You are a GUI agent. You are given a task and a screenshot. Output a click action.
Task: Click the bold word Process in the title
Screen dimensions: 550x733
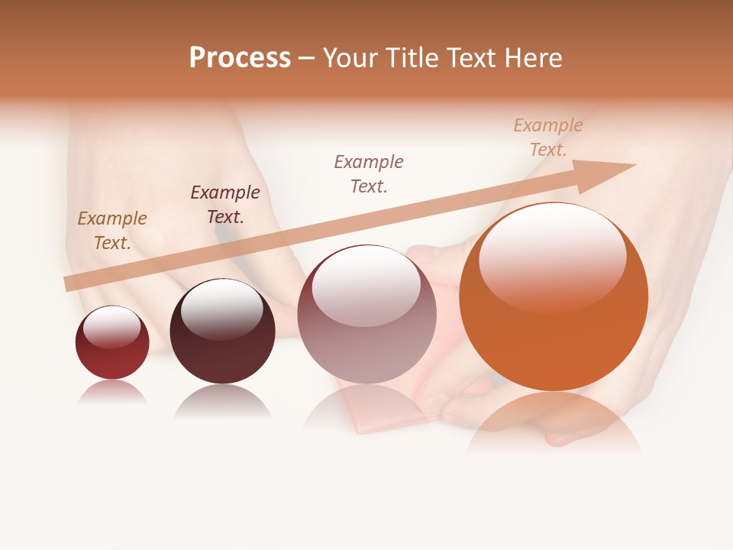pos(240,57)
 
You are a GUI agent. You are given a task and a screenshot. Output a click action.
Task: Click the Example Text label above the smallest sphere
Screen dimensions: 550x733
pos(112,231)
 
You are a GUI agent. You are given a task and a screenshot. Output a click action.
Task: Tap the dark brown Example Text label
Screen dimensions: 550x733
pos(225,205)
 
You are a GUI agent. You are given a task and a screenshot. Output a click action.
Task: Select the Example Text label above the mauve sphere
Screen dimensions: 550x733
pos(369,173)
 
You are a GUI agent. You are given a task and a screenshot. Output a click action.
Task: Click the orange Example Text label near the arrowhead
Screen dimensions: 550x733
pos(548,137)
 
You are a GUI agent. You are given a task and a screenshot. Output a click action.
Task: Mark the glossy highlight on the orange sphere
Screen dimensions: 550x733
pos(552,256)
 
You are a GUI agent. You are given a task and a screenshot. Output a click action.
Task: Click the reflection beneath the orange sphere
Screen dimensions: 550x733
pos(554,424)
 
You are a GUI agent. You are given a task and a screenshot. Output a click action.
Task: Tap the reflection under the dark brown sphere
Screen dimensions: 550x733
pos(222,402)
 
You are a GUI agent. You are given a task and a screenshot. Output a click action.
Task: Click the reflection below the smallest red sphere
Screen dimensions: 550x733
pos(112,392)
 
